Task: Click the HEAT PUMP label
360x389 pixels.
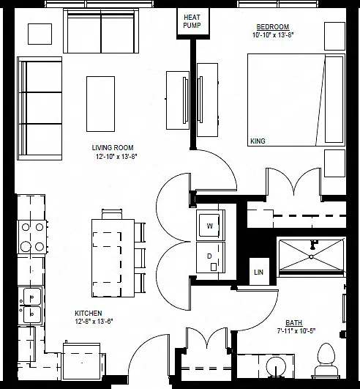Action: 192,21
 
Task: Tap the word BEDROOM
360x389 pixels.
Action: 272,27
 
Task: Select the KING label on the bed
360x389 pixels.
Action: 258,141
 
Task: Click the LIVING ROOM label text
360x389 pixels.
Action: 113,148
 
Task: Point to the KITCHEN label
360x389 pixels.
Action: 89,313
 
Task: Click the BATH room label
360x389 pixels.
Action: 294,323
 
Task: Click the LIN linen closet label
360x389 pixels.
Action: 259,272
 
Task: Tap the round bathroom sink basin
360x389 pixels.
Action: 276,367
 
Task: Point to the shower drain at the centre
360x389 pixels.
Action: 312,257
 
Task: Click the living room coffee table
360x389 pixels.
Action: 100,104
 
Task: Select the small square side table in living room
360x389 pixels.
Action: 40,34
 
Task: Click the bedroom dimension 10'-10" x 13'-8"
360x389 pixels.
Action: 273,35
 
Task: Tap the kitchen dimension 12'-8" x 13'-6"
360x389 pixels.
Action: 94,322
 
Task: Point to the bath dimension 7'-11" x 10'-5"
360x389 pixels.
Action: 296,331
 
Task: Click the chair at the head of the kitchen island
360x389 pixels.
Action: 112,215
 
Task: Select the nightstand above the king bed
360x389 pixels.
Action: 334,36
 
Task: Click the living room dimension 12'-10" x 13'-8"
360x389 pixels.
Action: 116,157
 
